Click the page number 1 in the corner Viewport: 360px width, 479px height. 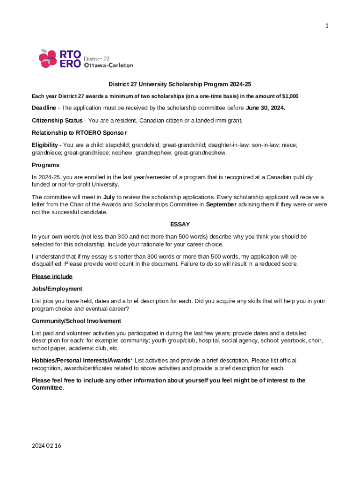[327, 26]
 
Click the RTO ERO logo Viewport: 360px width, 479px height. [60, 58]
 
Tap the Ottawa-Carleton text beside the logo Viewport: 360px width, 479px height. [108, 65]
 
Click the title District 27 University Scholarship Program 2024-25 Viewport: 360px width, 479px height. [180, 85]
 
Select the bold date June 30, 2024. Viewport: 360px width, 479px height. [266, 108]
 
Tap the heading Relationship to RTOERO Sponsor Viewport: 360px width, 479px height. [79, 132]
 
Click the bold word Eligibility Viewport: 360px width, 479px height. [46, 145]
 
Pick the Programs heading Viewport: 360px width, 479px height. [45, 165]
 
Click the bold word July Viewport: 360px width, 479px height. [109, 197]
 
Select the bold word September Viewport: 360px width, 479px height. [221, 204]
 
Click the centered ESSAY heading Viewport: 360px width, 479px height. [180, 225]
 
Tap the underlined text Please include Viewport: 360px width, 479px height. [52, 276]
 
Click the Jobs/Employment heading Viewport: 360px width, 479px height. [57, 289]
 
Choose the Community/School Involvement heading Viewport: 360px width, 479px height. [76, 321]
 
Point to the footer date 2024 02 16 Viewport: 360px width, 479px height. [46, 445]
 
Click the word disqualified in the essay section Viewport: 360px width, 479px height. [47, 264]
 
